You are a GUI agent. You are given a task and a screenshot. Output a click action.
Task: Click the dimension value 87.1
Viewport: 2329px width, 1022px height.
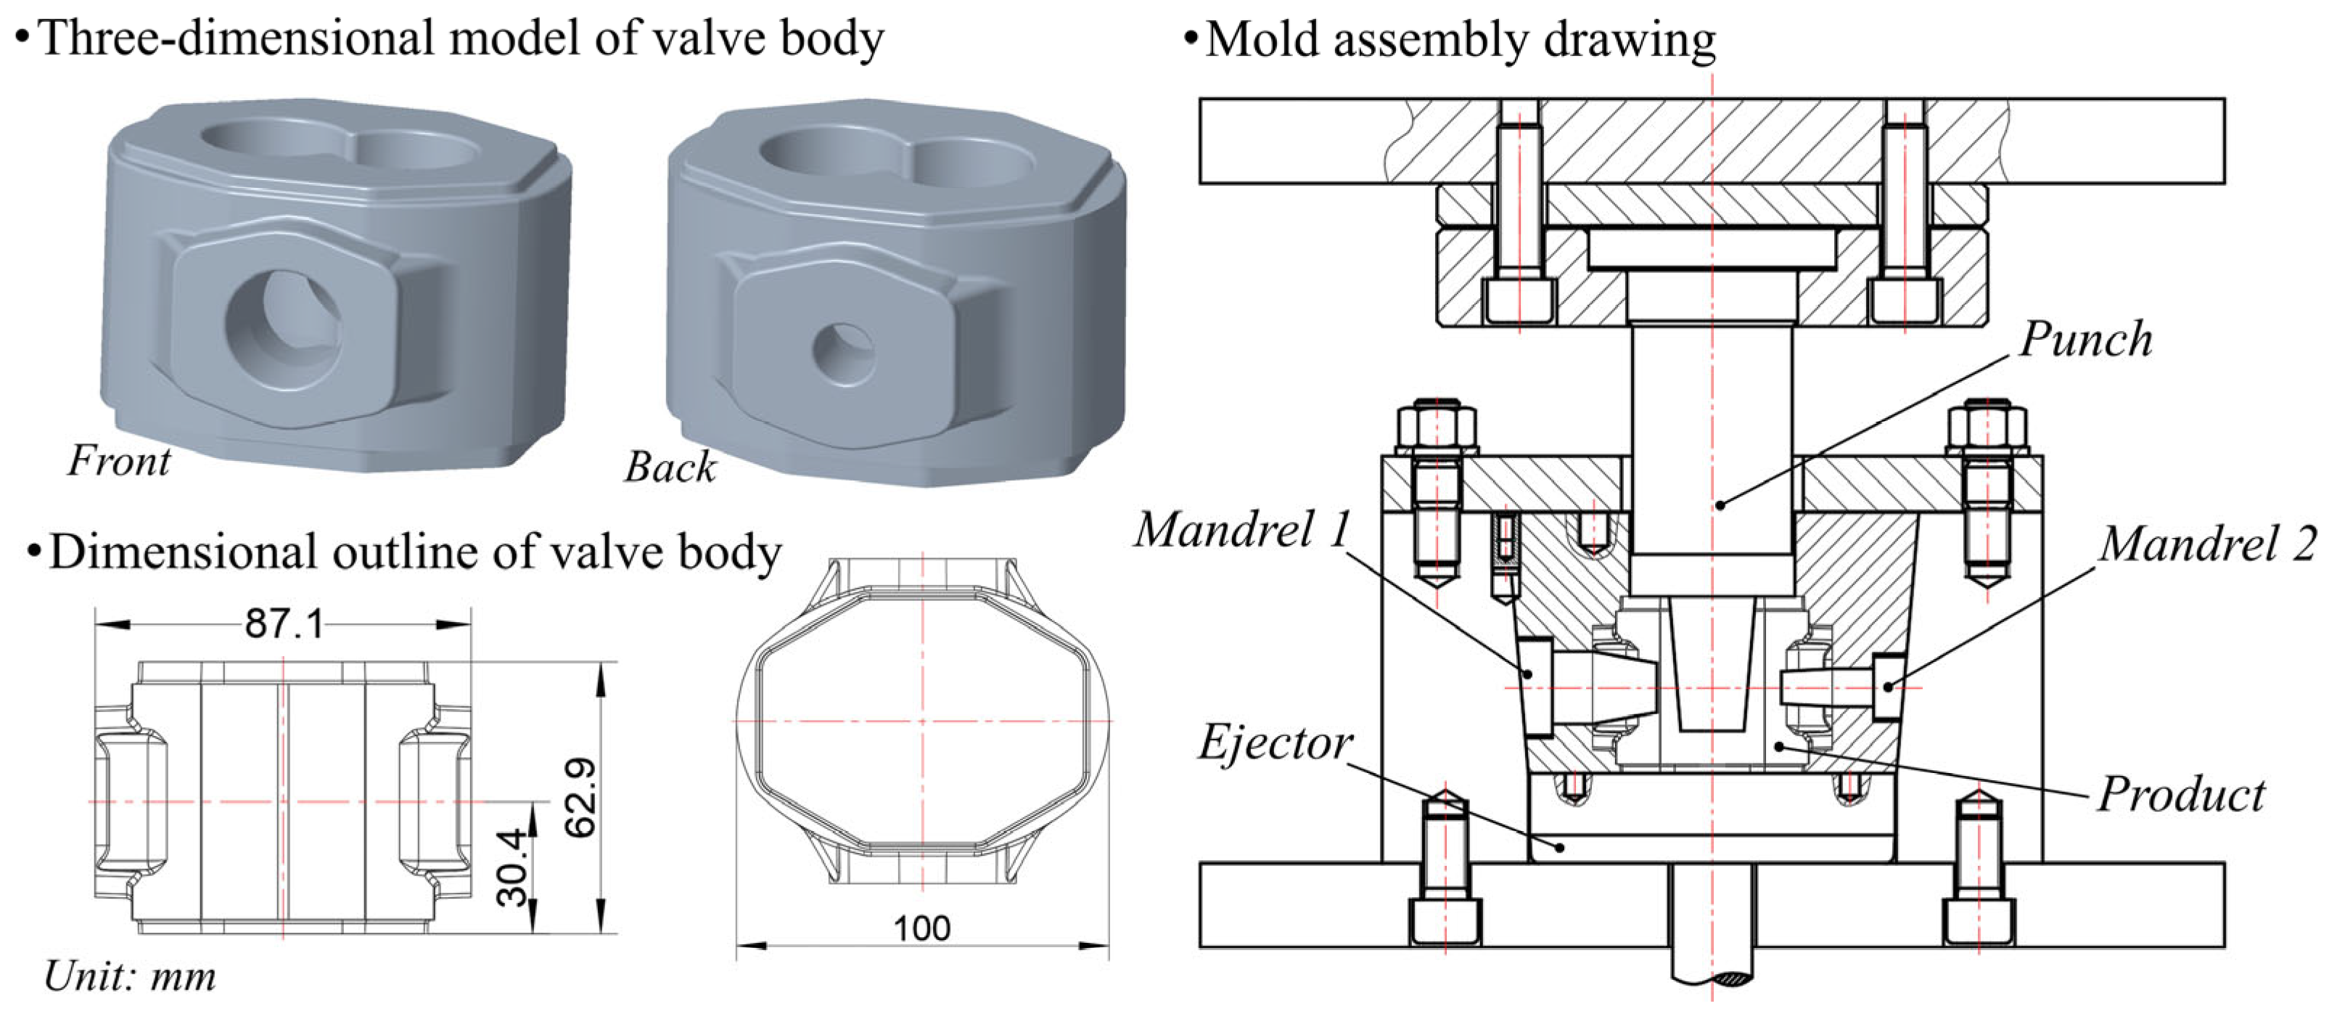click(284, 624)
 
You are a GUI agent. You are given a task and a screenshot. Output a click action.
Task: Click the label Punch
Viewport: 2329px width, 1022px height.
click(2085, 341)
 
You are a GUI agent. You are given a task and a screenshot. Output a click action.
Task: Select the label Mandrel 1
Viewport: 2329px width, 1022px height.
click(1243, 530)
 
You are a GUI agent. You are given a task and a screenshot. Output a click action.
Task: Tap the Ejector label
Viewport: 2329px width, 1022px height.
click(1275, 743)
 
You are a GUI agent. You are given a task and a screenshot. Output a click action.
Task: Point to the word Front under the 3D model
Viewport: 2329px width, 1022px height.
click(118, 461)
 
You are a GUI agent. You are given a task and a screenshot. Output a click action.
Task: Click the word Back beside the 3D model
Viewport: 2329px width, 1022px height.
click(670, 467)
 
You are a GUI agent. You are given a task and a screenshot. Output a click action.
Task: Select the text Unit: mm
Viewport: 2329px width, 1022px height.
click(130, 977)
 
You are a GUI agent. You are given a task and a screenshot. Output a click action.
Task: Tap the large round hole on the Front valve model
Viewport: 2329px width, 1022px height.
click(282, 330)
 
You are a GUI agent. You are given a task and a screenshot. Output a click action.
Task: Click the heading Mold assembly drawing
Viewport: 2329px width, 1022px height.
click(1459, 40)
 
